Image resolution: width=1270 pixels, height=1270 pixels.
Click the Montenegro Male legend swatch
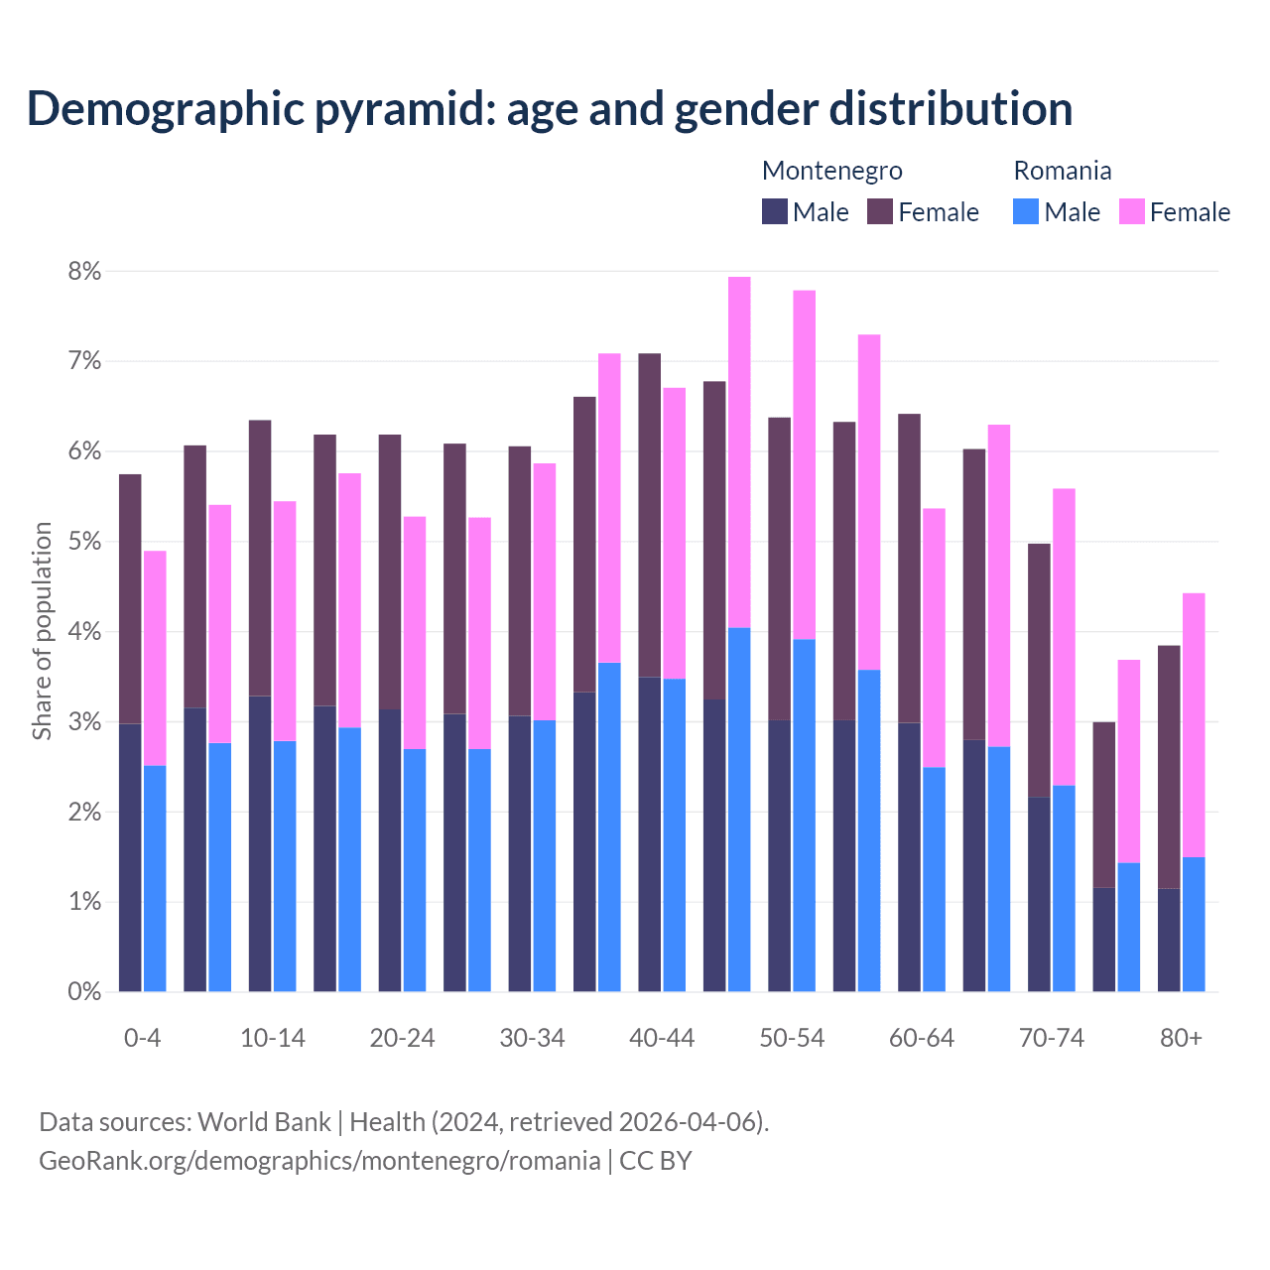(x=775, y=211)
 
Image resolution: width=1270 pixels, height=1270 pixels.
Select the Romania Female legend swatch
(x=1132, y=211)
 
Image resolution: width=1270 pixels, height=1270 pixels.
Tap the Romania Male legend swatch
(x=1026, y=211)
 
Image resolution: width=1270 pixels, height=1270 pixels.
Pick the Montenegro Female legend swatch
(x=880, y=211)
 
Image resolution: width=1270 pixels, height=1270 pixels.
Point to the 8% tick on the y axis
(x=84, y=271)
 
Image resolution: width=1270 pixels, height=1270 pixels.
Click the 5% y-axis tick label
(x=84, y=542)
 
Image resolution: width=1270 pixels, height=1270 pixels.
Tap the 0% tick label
(x=84, y=992)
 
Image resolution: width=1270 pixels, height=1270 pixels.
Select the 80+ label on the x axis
(x=1181, y=1038)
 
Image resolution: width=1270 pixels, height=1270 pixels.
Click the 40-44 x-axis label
(x=662, y=1038)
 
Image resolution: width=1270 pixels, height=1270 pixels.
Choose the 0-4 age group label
(x=142, y=1038)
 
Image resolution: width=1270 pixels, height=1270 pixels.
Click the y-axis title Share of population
(x=42, y=631)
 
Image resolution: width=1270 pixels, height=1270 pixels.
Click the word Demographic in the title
(x=165, y=109)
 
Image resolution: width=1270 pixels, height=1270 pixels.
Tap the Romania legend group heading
(x=1062, y=171)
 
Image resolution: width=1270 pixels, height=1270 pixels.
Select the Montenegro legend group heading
(x=831, y=171)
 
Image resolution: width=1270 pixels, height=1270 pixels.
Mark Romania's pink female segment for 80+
(x=1194, y=724)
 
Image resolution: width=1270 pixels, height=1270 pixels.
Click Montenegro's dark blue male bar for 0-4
(x=130, y=858)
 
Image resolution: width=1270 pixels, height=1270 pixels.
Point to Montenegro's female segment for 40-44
(x=650, y=515)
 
